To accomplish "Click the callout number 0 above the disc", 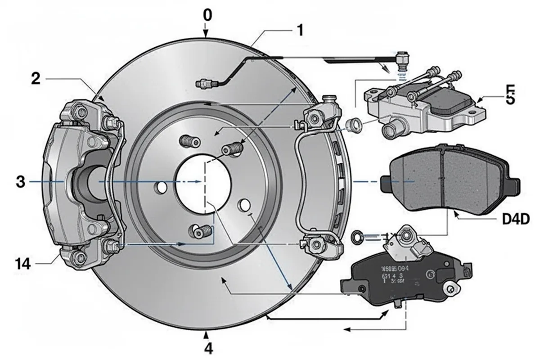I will [207, 15].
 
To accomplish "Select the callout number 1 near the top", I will [299, 31].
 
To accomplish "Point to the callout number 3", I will [20, 182].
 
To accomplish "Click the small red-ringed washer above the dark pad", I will [356, 234].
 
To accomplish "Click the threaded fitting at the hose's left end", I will [204, 83].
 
